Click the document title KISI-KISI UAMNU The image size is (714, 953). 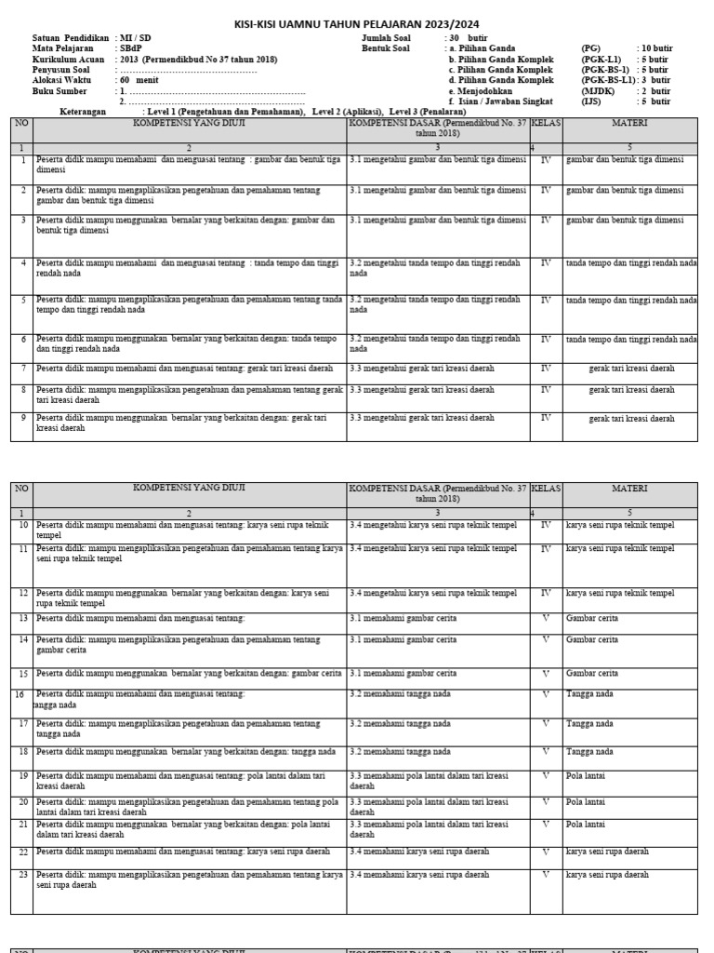tap(356, 23)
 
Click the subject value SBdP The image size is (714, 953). tap(130, 48)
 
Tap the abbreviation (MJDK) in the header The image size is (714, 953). tap(595, 91)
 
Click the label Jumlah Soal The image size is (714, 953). tap(390, 38)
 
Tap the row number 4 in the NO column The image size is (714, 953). tap(23, 263)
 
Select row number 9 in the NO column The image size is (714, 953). tap(23, 418)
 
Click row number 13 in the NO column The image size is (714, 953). tap(23, 618)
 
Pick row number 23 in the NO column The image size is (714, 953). tap(23, 875)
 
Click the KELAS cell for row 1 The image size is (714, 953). tap(546, 160)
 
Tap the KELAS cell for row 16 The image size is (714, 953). tap(546, 694)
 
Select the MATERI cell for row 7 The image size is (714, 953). tap(630, 369)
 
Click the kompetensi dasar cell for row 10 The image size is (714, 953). tap(433, 525)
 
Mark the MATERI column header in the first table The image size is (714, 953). tap(630, 123)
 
